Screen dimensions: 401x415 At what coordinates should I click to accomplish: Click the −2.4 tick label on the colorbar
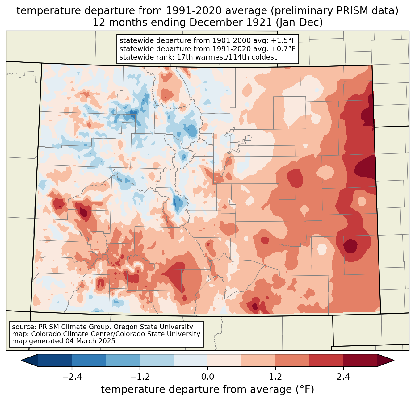(72, 377)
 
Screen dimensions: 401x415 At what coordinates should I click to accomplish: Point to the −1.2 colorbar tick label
(140, 377)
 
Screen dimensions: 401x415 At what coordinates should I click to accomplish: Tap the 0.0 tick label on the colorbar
(207, 377)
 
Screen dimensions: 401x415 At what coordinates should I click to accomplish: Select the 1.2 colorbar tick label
(275, 377)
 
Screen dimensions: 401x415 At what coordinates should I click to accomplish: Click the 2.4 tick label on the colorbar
(343, 377)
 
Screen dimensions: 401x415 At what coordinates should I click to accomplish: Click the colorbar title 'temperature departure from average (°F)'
(207, 390)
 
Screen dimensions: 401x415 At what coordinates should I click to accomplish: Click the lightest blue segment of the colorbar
(191, 360)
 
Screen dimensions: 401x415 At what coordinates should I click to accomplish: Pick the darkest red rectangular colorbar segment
(360, 360)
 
